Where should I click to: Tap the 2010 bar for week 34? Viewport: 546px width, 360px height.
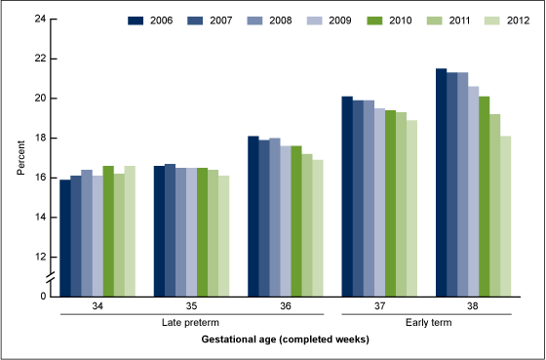click(x=108, y=230)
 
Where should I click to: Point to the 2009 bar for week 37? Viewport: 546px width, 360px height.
click(x=379, y=201)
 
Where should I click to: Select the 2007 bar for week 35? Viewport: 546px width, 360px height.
click(x=170, y=229)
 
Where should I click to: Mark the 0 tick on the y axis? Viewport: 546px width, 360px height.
click(x=41, y=296)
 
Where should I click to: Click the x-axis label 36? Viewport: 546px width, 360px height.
click(x=285, y=306)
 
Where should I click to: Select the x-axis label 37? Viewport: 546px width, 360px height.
click(x=379, y=306)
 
